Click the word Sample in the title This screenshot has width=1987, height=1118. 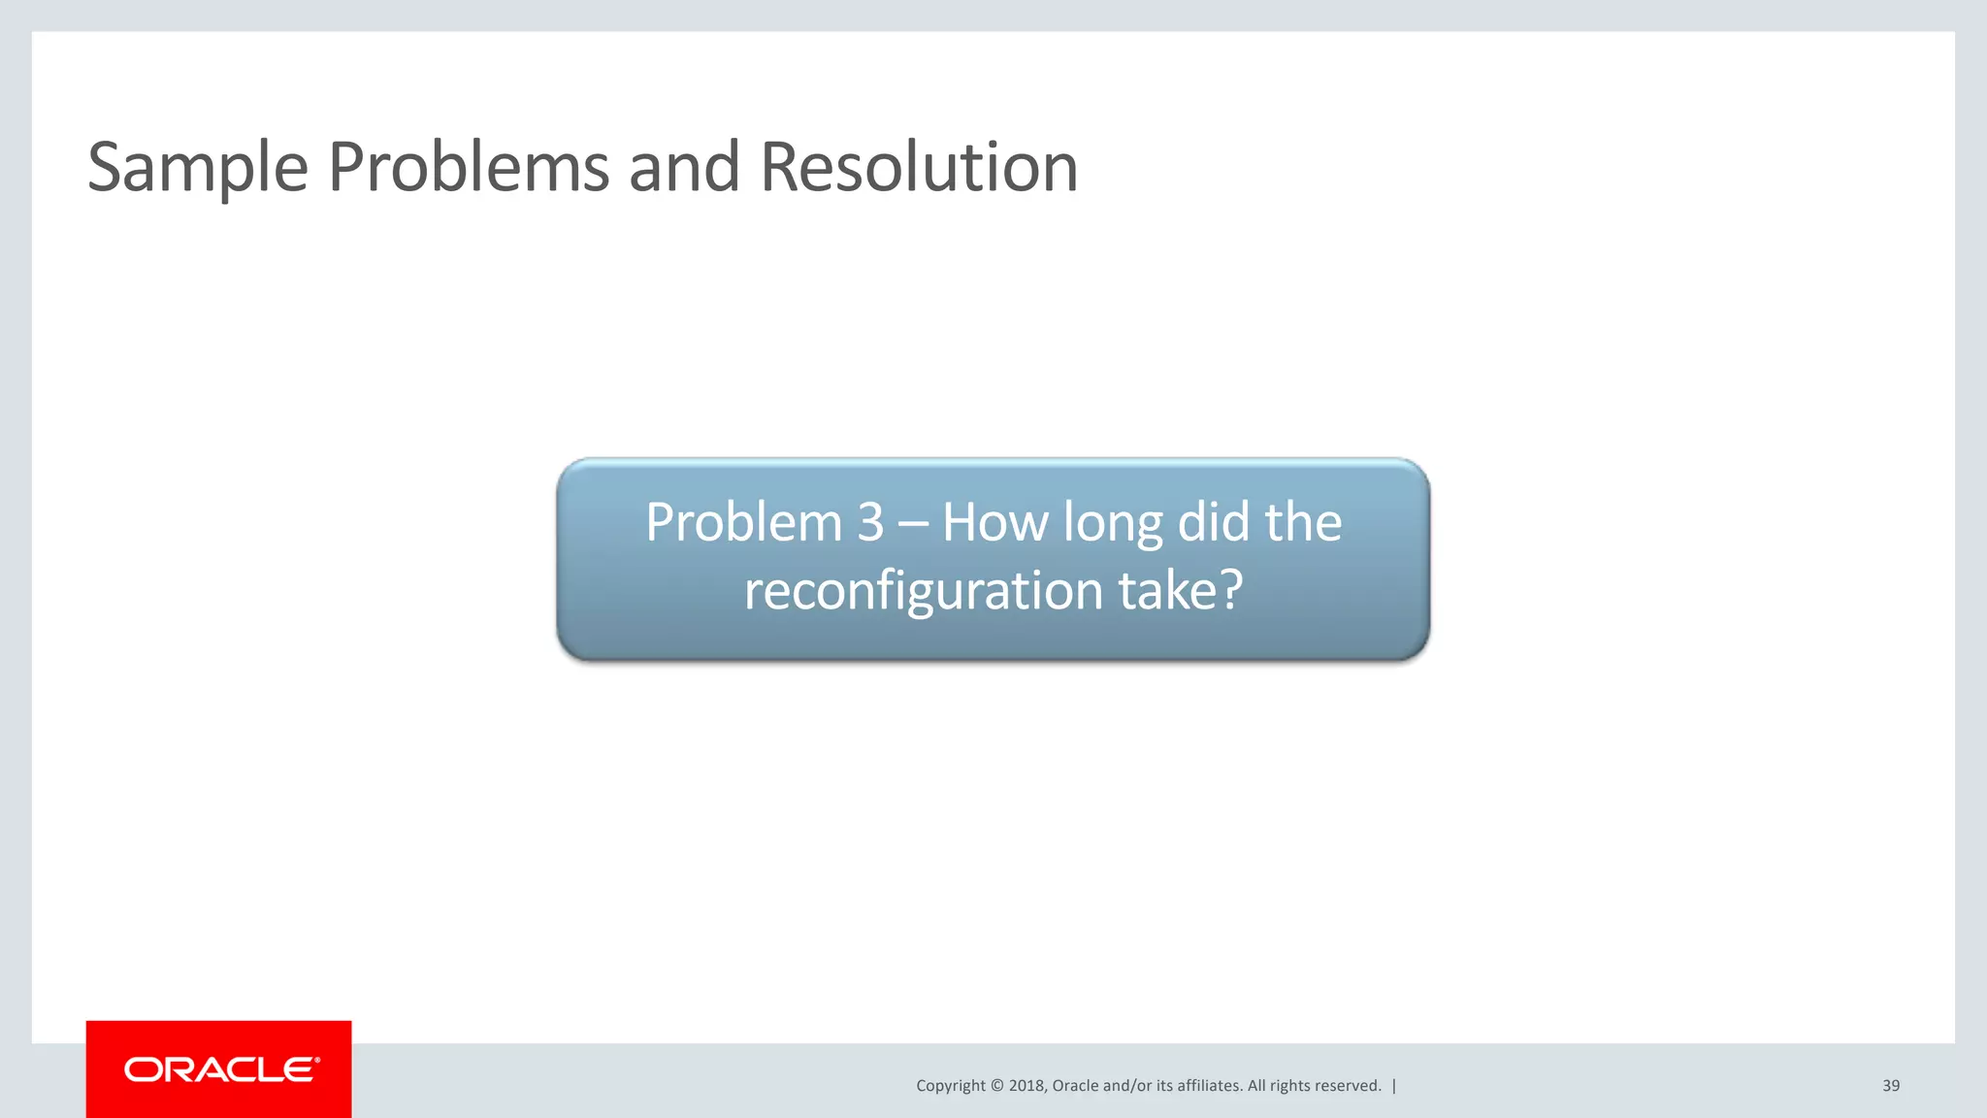coord(197,168)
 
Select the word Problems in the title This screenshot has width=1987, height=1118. coord(469,167)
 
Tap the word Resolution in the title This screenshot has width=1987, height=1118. coord(918,167)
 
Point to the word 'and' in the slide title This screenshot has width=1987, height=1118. coord(684,167)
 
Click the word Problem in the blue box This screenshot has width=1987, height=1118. coord(743,523)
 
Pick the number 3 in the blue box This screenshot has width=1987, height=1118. coord(870,523)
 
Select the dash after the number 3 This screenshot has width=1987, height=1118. coord(913,525)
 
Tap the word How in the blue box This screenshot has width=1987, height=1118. coord(995,523)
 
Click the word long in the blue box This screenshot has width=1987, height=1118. coord(1113,525)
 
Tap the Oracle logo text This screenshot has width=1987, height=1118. coord(221,1069)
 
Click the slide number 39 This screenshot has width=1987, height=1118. coord(1891,1086)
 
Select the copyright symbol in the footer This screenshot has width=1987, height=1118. coord(996,1086)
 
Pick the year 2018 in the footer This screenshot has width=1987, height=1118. coord(1027,1086)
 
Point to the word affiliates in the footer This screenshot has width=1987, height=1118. coord(1208,1086)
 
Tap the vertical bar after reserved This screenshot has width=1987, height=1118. coord(1394,1086)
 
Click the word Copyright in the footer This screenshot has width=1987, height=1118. coord(950,1086)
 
